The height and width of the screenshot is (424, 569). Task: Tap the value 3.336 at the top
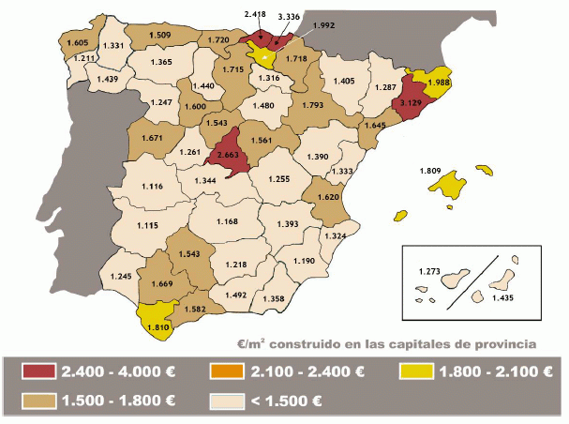coord(291,16)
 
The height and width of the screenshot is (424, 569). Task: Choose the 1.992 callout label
coord(324,25)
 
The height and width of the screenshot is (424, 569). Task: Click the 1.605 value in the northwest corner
coord(77,43)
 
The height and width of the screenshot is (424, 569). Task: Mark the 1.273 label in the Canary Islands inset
coord(431,272)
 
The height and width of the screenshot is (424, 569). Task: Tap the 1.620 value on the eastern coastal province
coord(327,198)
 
